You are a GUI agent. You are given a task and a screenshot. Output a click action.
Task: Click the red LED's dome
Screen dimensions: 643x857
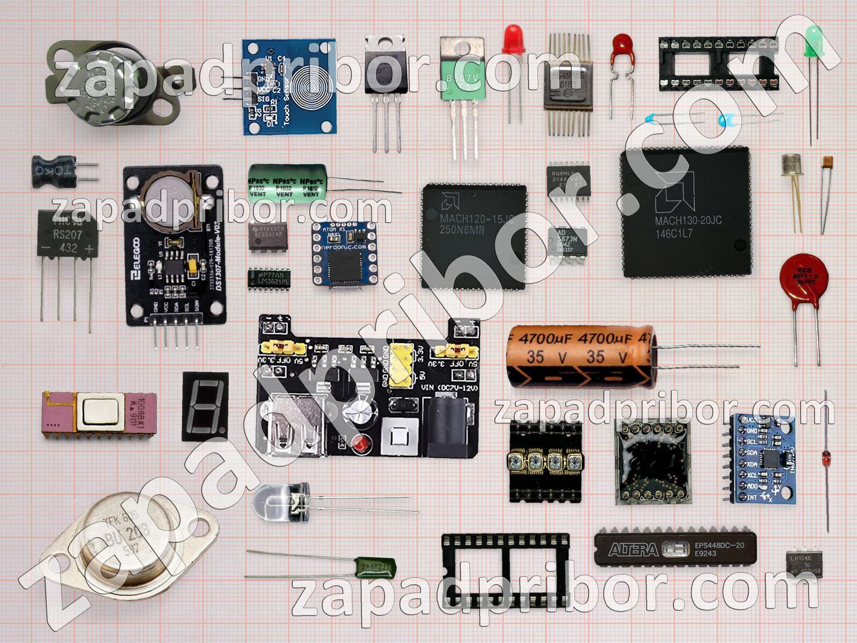[513, 39]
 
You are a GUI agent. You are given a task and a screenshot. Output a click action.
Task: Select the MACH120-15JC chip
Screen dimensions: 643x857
[474, 236]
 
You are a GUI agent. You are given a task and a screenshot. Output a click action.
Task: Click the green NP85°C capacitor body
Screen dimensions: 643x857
[287, 183]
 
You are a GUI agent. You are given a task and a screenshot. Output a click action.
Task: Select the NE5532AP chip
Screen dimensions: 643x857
[268, 236]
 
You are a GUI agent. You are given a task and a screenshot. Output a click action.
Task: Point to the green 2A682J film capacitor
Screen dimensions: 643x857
[377, 566]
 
